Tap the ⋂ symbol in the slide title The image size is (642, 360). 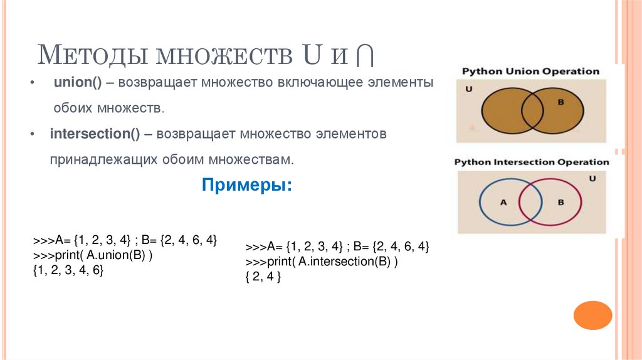pos(364,55)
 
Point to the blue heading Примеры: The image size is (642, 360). pos(246,186)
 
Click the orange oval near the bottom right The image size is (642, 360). pos(592,315)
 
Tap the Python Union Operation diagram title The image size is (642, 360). pos(530,71)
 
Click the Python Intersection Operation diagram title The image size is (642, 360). pos(531,162)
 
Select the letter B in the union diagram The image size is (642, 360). pos(560,102)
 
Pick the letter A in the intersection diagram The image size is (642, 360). pos(502,202)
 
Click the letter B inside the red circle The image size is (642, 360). pos(560,202)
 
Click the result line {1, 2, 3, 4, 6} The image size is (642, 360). pos(68,270)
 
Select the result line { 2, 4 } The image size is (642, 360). pos(263,277)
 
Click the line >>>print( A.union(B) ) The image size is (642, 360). pos(93,256)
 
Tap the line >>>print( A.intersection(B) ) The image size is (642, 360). pos(322,262)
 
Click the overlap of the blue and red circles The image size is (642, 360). pos(531,202)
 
